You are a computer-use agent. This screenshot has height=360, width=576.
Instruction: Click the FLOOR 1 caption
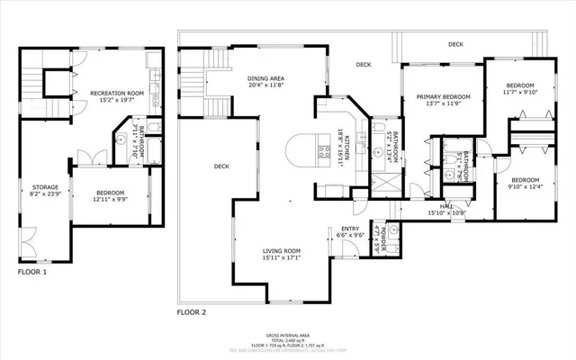(x=32, y=271)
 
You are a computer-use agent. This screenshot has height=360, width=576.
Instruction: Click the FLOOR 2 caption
(x=191, y=311)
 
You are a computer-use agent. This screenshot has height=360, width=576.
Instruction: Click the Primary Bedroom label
(x=443, y=99)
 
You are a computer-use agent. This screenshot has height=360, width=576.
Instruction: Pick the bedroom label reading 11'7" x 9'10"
(x=520, y=87)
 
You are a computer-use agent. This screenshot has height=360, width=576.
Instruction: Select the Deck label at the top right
(x=456, y=43)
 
